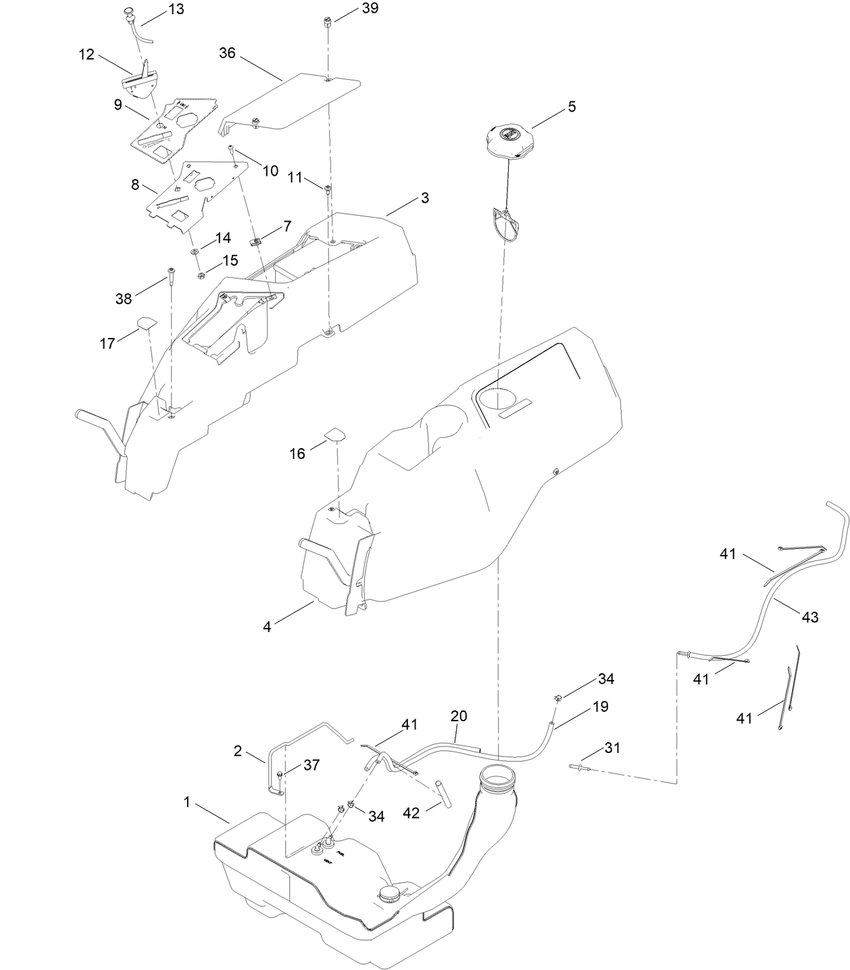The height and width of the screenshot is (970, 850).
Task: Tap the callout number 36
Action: click(227, 53)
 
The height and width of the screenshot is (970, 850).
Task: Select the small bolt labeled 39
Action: click(327, 22)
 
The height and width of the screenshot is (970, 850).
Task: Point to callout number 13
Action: click(176, 9)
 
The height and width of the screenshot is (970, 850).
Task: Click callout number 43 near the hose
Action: click(809, 616)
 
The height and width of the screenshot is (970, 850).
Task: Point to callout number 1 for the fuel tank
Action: click(186, 802)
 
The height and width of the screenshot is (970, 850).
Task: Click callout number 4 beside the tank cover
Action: click(267, 627)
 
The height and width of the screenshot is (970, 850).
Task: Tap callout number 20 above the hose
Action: click(459, 716)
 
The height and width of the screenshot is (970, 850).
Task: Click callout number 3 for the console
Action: click(424, 198)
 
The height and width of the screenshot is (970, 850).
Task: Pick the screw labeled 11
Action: click(328, 189)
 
